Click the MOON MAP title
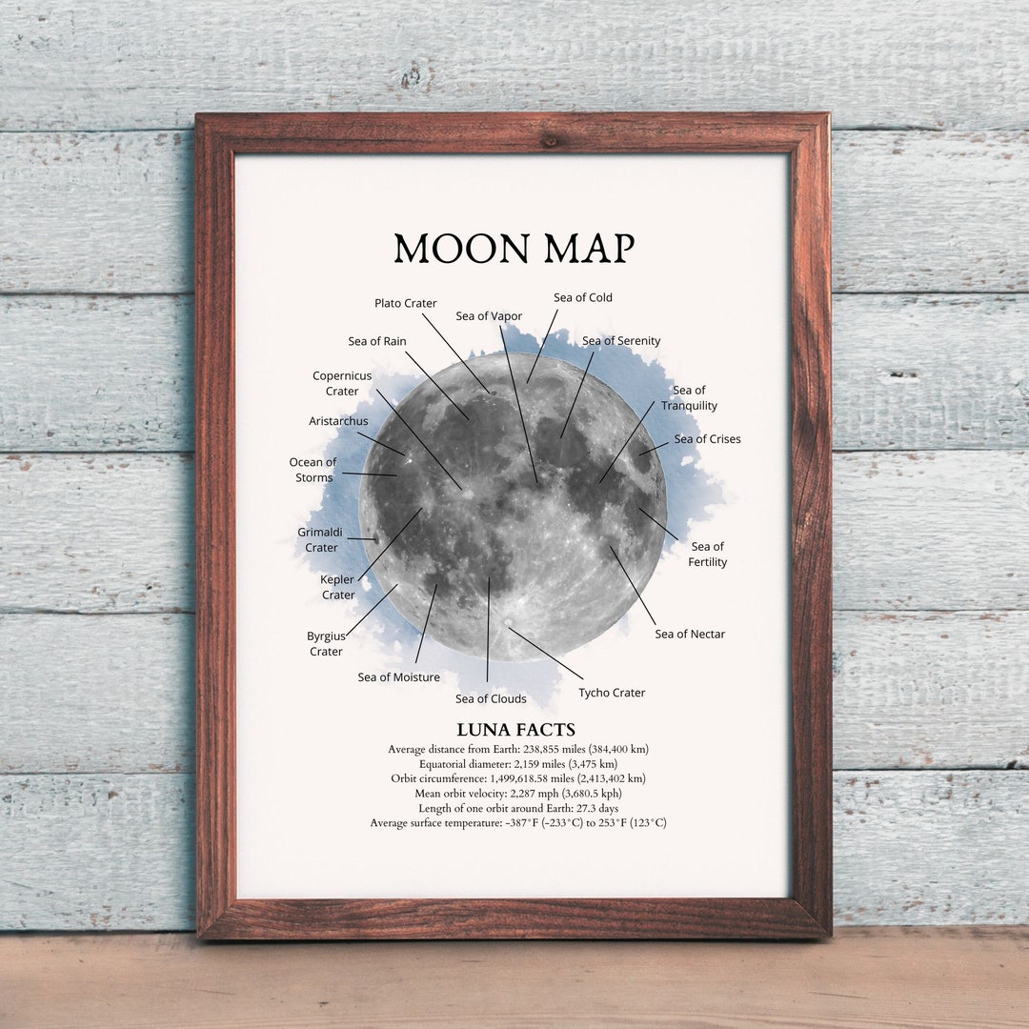click(x=514, y=249)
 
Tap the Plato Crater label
click(x=405, y=303)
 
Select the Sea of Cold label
click(x=583, y=297)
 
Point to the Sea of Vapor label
click(x=489, y=316)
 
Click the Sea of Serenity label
click(x=621, y=341)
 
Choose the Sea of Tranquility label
click(x=689, y=397)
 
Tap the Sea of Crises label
click(x=707, y=439)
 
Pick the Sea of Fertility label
click(x=707, y=554)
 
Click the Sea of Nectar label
click(x=690, y=634)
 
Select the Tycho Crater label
click(x=612, y=693)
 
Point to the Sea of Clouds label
click(x=491, y=698)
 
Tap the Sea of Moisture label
click(x=399, y=677)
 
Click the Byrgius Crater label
click(x=325, y=643)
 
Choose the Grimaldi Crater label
click(x=321, y=539)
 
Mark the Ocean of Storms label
click(x=313, y=470)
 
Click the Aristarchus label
click(x=338, y=421)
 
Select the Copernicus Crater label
click(x=342, y=383)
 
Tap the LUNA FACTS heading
click(x=515, y=730)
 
